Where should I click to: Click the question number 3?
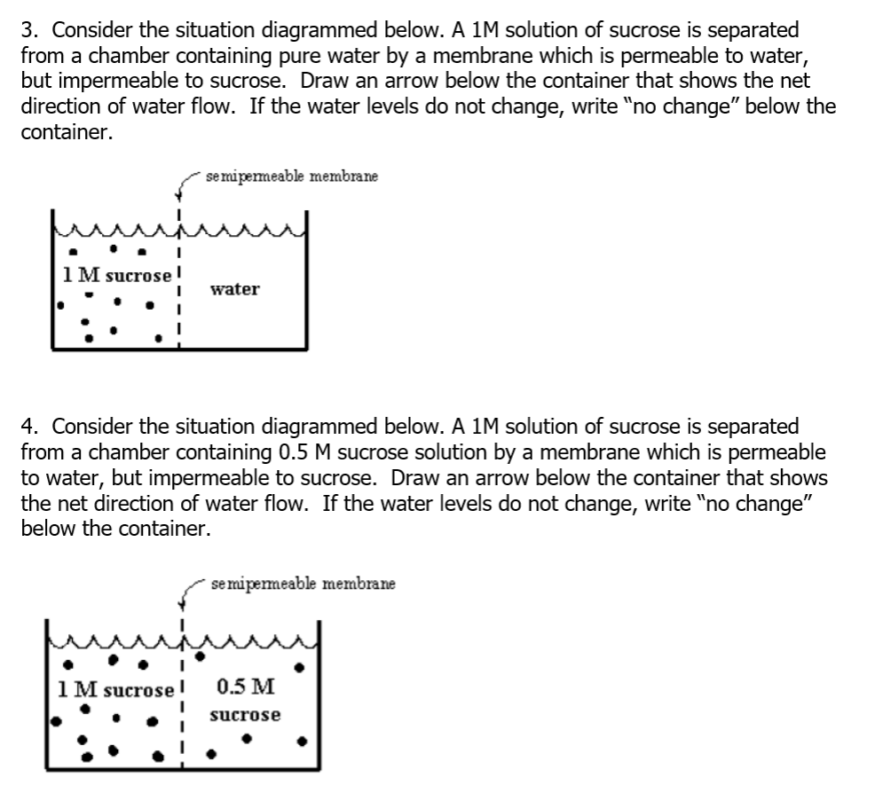(28, 31)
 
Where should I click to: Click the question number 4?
(28, 427)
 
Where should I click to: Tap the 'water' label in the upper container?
(235, 289)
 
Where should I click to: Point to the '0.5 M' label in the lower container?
(245, 687)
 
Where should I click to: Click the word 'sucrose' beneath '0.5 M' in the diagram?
(245, 714)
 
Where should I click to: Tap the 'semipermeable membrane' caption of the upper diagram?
(291, 177)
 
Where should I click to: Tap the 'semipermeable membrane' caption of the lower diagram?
(304, 585)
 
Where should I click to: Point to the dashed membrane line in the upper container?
(179, 293)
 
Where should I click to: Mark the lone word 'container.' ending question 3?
(67, 133)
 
